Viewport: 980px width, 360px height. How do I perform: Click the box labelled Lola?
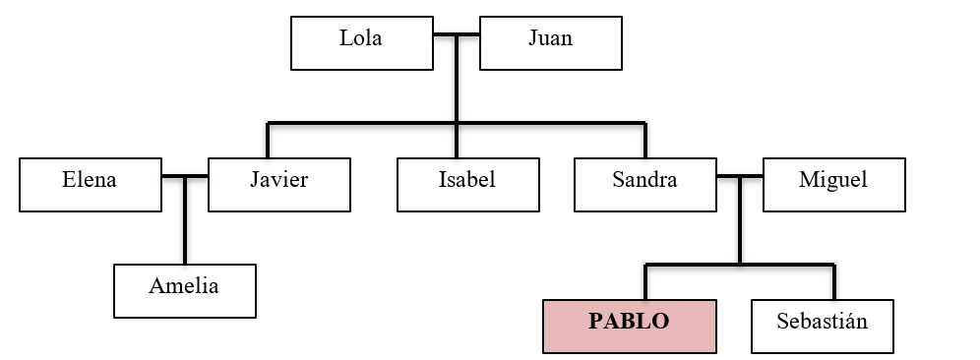361,42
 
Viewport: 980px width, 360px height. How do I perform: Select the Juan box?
550,42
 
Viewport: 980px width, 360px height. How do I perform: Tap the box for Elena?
90,183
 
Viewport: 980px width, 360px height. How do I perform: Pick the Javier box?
279,183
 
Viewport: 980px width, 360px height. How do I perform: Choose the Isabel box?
467,183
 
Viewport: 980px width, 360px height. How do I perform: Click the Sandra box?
645,183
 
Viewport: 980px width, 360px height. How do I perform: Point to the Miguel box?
833,183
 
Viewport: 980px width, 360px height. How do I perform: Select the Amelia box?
184,290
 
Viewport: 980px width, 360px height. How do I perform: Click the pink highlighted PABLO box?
629,326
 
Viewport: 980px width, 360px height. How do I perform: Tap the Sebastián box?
823,326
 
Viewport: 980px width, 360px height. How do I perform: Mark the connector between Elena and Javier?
185,177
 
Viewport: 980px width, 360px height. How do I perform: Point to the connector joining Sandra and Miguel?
740,177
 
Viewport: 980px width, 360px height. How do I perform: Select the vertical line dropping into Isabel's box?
457,141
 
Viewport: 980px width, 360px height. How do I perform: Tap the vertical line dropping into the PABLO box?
645,282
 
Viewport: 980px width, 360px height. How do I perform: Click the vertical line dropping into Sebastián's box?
834,282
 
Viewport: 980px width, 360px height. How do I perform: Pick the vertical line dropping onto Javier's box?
268,141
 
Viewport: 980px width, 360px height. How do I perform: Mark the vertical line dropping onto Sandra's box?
645,141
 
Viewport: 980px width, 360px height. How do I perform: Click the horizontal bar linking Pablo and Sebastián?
740,265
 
